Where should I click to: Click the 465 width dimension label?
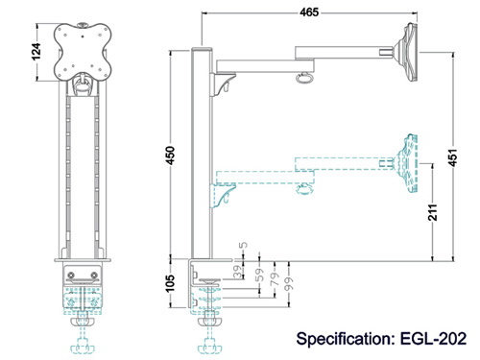pos(309,12)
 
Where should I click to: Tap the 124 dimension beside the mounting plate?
pos(36,51)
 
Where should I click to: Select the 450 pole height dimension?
pos(171,156)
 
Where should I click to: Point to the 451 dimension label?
pos(453,157)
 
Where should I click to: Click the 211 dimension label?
pos(432,212)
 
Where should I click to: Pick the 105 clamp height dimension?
pos(171,283)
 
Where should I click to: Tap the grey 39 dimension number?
pos(238,272)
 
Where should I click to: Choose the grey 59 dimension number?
pos(261,275)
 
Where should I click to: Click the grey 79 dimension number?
pos(275,278)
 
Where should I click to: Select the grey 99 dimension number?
pos(289,284)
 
